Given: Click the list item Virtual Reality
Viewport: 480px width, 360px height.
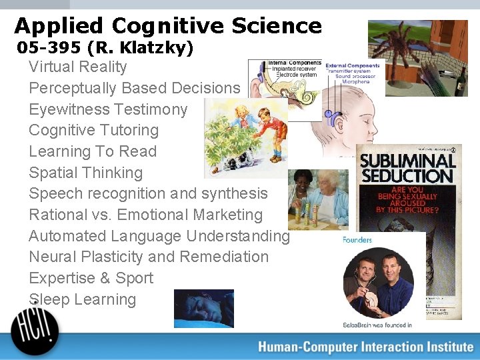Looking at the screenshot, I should [77, 67].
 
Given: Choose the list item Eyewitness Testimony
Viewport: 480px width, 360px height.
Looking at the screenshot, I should [108, 109].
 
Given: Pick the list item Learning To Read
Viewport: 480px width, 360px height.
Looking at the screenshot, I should [92, 151].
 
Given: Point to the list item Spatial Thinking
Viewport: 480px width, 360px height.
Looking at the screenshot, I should [85, 173].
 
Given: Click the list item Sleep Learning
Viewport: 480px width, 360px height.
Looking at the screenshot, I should [82, 299].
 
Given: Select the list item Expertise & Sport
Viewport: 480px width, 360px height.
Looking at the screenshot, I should [91, 278].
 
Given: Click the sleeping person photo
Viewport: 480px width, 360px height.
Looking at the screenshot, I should [203, 308].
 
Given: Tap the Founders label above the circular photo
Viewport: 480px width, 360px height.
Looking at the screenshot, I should [357, 240].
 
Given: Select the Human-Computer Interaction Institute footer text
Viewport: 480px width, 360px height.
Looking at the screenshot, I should [365, 347].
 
